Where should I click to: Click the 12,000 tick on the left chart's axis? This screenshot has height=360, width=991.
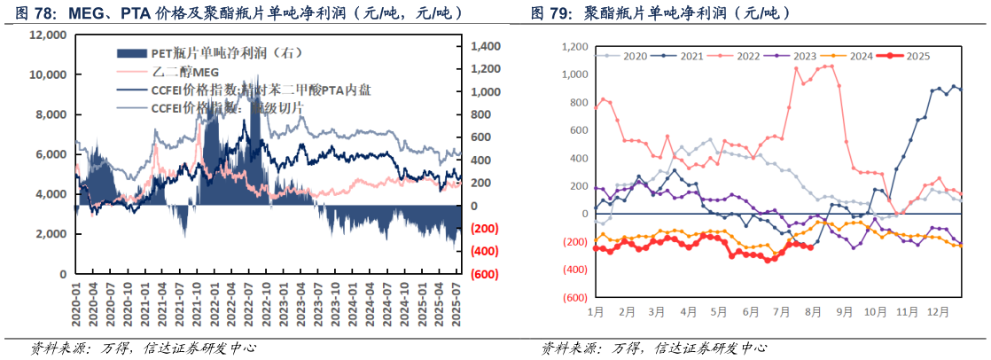pos(48,35)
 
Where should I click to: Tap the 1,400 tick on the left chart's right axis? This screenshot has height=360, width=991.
pos(487,46)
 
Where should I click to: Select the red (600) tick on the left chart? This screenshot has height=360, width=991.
pos(485,274)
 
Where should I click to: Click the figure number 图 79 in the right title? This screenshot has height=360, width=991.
pos(550,14)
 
